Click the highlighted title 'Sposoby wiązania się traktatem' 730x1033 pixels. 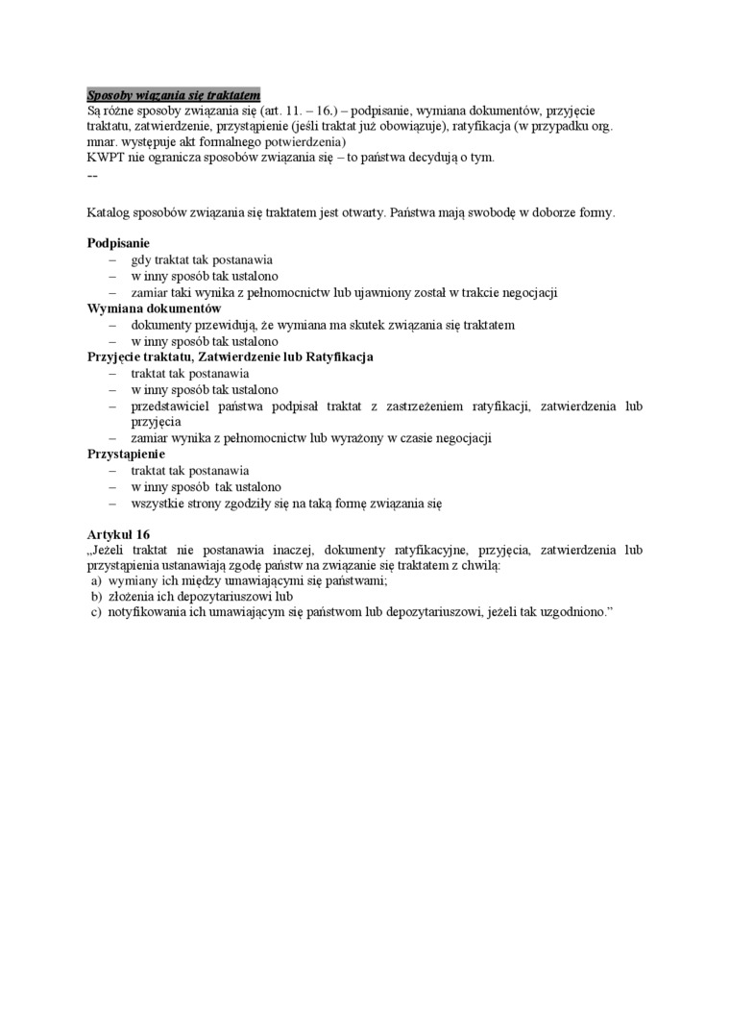coord(173,95)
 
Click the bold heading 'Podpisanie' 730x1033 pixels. coord(118,244)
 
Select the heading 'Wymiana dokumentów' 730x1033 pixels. coord(154,308)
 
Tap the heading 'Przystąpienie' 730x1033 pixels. coord(126,454)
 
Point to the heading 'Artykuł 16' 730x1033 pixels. coord(118,533)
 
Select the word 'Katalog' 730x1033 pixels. coord(108,211)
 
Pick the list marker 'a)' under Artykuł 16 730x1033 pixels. coord(96,580)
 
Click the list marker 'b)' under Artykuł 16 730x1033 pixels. coord(96,596)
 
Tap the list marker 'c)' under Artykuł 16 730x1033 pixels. coord(96,612)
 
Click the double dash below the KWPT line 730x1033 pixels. coord(92,177)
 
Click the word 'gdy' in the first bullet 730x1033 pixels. coord(141,259)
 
